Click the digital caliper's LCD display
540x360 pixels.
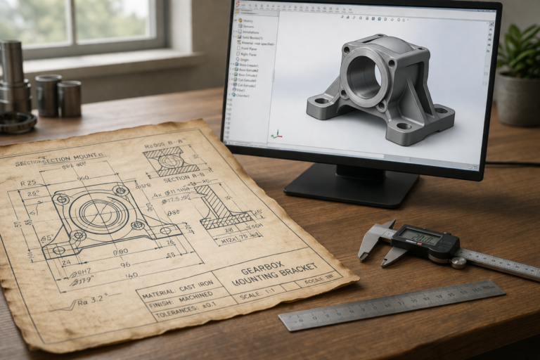[x=419, y=238]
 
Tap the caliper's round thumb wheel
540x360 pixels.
[x=458, y=262]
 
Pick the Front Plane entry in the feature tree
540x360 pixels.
[x=249, y=49]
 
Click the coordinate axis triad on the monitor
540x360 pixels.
[x=277, y=134]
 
